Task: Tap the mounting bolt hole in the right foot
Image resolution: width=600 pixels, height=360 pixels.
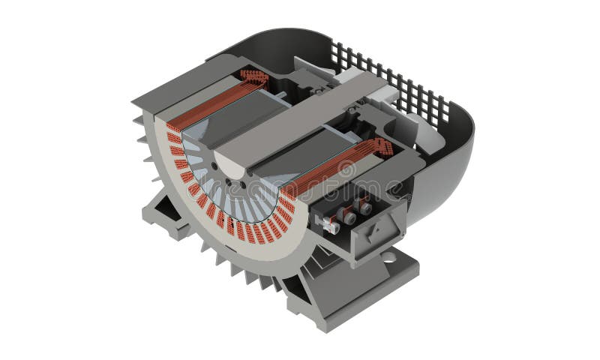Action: (388, 257)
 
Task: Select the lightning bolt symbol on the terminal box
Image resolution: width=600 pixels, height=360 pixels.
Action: (378, 227)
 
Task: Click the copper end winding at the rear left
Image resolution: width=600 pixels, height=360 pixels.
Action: (254, 76)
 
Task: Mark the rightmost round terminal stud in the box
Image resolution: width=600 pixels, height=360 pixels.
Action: (365, 207)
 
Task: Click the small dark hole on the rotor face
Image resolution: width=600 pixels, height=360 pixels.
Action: (214, 166)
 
